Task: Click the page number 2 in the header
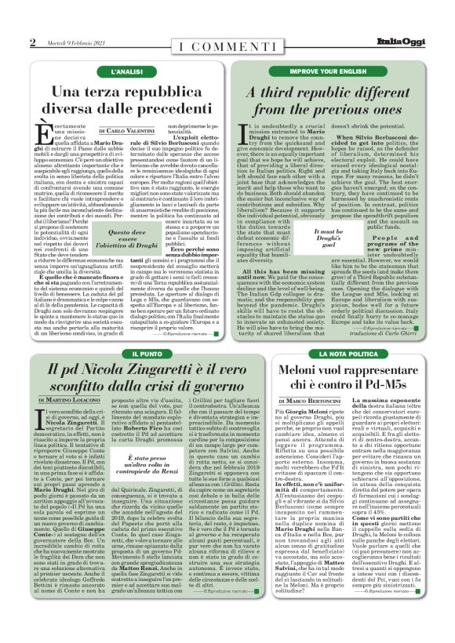tap(33, 42)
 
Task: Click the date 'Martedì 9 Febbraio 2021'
tap(75, 42)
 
